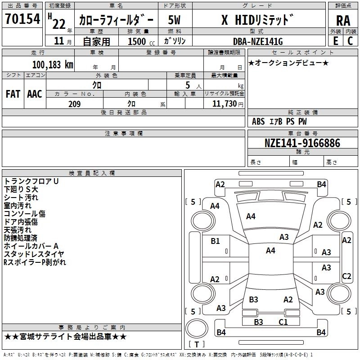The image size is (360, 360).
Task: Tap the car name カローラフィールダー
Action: (116, 20)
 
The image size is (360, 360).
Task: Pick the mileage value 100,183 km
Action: (53, 64)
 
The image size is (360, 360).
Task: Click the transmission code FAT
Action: (13, 94)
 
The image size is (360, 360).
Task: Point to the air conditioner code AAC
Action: (34, 94)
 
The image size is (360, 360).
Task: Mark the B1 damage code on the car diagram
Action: (215, 241)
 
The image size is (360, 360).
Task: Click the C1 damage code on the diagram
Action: (283, 322)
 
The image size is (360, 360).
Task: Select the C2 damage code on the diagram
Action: (346, 276)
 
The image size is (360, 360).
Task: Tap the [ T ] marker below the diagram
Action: (197, 345)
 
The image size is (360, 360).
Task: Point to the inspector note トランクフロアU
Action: (31, 181)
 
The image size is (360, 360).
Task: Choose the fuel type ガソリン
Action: (175, 41)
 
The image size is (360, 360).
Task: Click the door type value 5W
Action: (175, 20)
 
